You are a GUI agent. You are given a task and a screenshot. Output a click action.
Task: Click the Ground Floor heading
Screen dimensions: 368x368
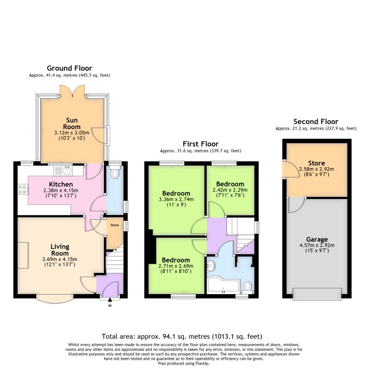click(69, 68)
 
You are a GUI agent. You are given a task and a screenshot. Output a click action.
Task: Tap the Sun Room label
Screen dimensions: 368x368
click(72, 123)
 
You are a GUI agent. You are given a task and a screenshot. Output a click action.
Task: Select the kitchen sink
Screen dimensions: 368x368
click(66, 169)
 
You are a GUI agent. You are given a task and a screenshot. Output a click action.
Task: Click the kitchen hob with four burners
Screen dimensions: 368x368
click(23, 189)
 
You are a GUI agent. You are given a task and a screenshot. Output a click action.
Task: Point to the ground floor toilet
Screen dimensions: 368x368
click(115, 174)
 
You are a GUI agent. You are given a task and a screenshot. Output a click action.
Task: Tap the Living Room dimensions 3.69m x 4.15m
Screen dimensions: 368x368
click(60, 259)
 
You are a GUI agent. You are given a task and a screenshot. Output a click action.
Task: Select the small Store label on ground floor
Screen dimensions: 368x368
click(114, 225)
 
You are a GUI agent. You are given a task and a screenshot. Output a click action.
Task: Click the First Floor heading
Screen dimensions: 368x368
click(200, 144)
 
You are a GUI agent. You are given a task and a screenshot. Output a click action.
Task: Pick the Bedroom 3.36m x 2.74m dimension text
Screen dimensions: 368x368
click(176, 200)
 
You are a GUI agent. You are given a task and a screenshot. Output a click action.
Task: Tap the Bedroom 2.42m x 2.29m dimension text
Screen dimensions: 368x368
click(230, 190)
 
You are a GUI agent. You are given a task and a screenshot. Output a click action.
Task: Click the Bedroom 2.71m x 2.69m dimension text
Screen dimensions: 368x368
click(176, 266)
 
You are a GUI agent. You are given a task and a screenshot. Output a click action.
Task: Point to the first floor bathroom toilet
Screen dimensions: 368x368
click(247, 286)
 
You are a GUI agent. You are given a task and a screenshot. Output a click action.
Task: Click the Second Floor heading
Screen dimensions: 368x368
click(316, 122)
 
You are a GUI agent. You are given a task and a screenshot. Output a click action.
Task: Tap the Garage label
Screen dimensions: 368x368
click(317, 240)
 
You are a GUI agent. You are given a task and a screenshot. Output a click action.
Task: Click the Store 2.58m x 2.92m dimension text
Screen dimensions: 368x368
click(317, 169)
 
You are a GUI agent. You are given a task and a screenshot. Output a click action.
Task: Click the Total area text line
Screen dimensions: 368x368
click(182, 337)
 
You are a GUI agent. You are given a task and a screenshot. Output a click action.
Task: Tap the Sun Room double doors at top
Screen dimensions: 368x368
click(72, 91)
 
